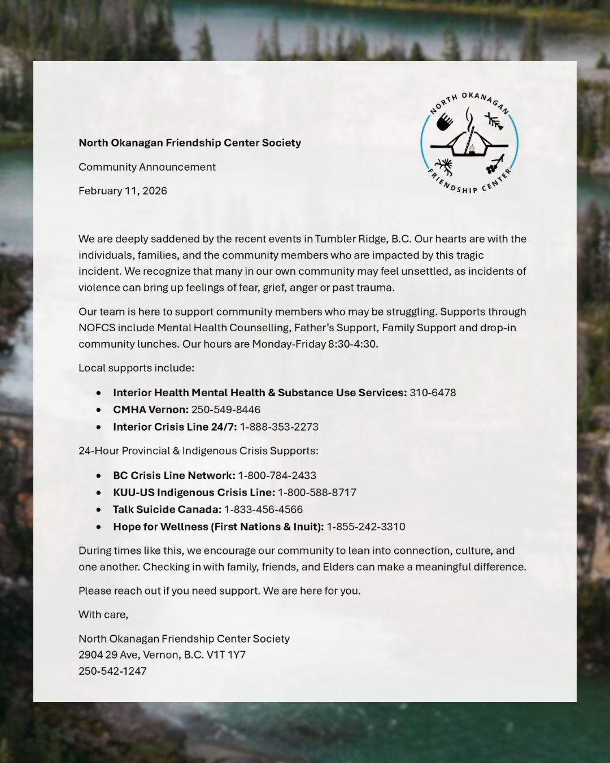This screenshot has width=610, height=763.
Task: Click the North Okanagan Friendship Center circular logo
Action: click(469, 142)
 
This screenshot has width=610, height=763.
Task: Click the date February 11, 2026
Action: click(123, 190)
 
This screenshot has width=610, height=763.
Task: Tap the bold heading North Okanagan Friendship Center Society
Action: click(190, 142)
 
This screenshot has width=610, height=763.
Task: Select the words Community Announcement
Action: click(147, 167)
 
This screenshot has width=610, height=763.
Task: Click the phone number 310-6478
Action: click(433, 392)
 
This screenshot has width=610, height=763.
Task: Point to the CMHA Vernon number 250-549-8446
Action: click(226, 409)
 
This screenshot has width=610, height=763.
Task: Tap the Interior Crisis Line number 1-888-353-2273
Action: click(279, 427)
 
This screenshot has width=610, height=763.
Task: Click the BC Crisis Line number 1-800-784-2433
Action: click(277, 475)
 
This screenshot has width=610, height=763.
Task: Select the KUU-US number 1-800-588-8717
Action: click(317, 492)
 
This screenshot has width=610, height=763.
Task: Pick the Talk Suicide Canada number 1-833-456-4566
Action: click(263, 509)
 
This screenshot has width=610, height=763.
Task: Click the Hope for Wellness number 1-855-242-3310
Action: click(365, 526)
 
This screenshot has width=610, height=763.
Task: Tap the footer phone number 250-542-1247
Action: click(112, 671)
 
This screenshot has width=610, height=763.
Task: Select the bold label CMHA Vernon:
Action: click(150, 409)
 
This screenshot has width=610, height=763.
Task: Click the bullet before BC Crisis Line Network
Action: click(99, 476)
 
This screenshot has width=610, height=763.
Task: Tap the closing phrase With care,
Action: click(103, 614)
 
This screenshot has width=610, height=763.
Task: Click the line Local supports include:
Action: click(136, 368)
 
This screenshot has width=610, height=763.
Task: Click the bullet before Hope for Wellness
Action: click(99, 527)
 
